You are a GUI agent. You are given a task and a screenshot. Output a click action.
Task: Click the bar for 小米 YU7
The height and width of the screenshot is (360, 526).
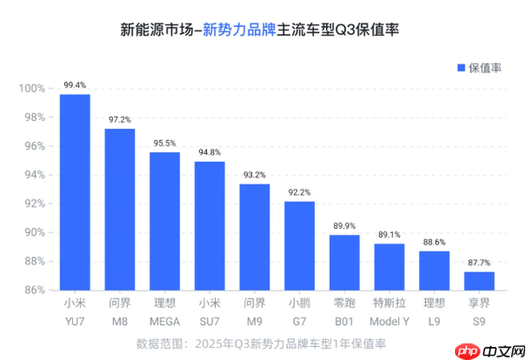(x=75, y=192)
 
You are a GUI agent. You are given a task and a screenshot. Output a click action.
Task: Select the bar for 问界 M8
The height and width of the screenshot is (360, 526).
(x=119, y=209)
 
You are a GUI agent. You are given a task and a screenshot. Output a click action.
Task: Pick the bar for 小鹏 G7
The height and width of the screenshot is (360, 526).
(x=299, y=245)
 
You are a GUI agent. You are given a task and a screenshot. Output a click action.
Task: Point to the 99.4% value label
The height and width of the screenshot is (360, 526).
(x=75, y=86)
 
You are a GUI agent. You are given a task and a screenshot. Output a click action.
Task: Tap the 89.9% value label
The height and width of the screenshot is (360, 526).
(x=345, y=226)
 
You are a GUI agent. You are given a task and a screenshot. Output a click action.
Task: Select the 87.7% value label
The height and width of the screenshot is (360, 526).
(x=479, y=263)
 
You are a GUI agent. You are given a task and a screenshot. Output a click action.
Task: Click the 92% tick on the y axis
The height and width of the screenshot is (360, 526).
(x=34, y=203)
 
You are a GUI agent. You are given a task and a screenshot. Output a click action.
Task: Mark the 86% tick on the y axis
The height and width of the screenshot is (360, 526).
(x=34, y=289)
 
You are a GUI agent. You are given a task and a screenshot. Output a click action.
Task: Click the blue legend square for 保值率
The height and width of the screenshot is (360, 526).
(x=459, y=67)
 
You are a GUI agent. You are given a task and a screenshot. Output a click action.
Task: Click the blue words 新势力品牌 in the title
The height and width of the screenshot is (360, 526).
(x=238, y=30)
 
